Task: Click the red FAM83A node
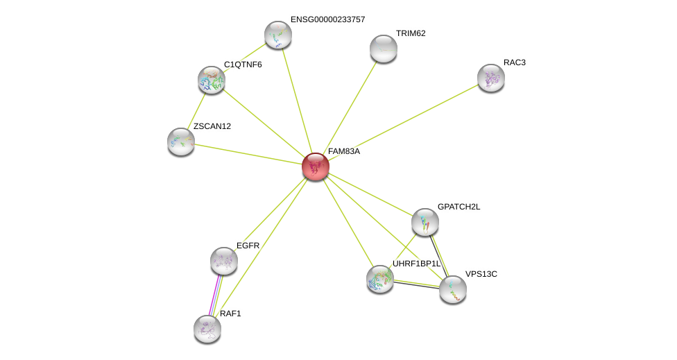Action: tap(315, 166)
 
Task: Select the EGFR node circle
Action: tap(224, 261)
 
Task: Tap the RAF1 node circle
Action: tap(207, 328)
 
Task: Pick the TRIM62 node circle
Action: tap(383, 49)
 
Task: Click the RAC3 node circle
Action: tap(490, 78)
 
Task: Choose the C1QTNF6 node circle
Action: tap(211, 80)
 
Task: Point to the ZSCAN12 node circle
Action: tap(181, 142)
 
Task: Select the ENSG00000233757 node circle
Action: tap(277, 35)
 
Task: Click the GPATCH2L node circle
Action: tap(425, 222)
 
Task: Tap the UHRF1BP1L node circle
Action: tap(379, 278)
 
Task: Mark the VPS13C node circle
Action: tap(452, 289)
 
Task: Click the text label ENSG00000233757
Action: tap(327, 19)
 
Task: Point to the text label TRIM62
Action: tap(411, 33)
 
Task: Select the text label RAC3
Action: tap(514, 62)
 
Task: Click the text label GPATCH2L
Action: tap(459, 207)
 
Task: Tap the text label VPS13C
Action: tap(481, 274)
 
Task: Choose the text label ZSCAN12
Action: tap(212, 126)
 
